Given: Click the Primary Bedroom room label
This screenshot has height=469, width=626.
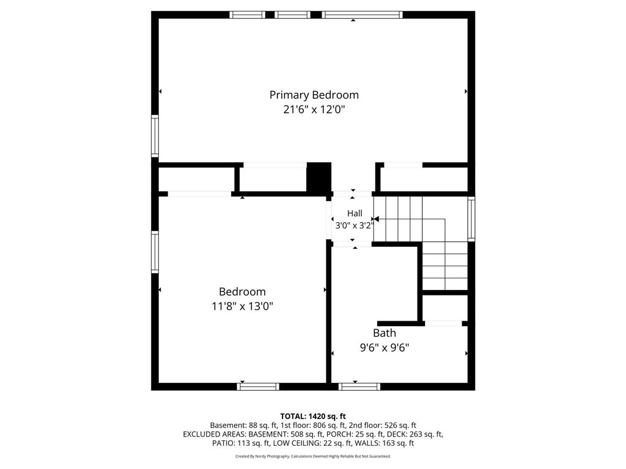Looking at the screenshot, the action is click(x=314, y=95).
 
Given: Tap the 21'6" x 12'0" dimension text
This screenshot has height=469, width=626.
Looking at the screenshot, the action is click(x=314, y=109).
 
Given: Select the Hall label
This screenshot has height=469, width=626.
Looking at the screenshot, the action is click(x=355, y=213).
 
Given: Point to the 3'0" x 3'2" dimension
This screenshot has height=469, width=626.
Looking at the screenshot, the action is click(x=355, y=225).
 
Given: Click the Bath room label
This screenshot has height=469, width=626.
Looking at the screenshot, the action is click(x=385, y=333).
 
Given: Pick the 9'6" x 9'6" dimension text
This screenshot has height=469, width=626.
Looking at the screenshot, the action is click(x=385, y=347).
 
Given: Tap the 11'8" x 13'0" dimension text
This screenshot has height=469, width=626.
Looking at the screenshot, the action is click(x=242, y=307).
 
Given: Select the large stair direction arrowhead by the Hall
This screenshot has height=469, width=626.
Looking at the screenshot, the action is click(x=376, y=219).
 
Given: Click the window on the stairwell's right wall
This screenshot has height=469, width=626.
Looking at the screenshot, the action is click(x=471, y=219).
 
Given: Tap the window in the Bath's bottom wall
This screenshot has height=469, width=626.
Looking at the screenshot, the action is click(x=359, y=387).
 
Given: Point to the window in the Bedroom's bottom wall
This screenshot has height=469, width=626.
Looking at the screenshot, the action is click(x=258, y=387).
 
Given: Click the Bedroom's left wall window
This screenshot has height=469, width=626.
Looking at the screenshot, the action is click(x=155, y=252).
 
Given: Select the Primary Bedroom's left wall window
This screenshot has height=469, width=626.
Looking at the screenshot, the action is click(x=155, y=136).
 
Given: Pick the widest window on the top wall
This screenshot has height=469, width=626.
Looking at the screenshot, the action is click(x=362, y=15).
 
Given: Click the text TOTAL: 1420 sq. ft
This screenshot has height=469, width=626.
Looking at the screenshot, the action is click(x=313, y=416).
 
